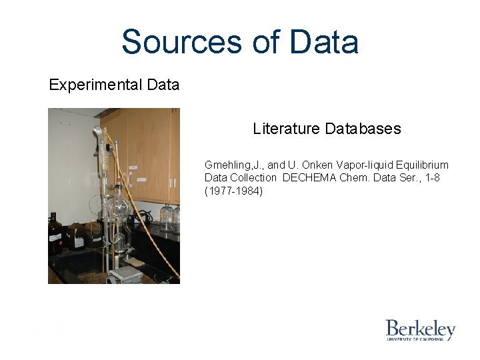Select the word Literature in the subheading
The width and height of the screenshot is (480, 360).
point(286,129)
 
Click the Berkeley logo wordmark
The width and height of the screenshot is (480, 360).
point(420,329)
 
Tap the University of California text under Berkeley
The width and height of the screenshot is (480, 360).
point(420,339)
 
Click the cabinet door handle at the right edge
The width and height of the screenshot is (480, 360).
point(175,181)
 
